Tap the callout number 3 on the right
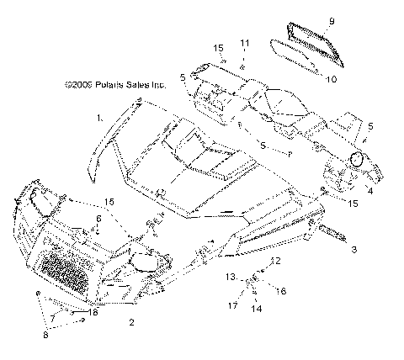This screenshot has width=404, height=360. pyautogui.click(x=353, y=250)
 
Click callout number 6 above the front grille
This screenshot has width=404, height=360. pyautogui.click(x=98, y=219)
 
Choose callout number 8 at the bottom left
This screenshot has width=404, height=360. pyautogui.click(x=46, y=336)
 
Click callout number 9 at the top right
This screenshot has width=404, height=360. pyautogui.click(x=332, y=20)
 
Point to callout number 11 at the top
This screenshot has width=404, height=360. pyautogui.click(x=245, y=42)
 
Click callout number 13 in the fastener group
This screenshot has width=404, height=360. pyautogui.click(x=230, y=276)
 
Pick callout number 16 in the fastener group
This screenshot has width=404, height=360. pyautogui.click(x=282, y=290)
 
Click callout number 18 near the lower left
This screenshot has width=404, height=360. pyautogui.click(x=93, y=312)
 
